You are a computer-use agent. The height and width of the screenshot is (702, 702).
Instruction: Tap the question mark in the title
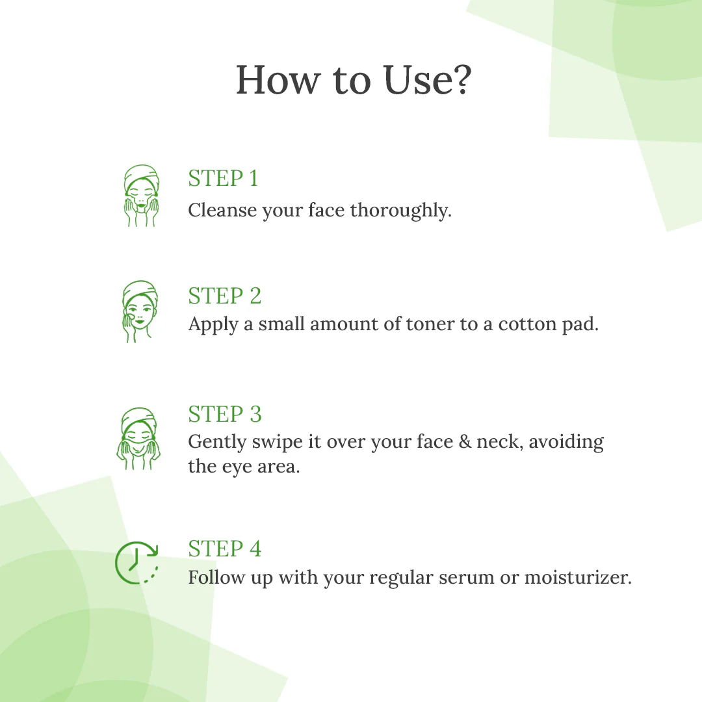pyautogui.click(x=459, y=81)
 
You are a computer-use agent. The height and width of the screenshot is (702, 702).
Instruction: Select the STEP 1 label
pyautogui.click(x=223, y=179)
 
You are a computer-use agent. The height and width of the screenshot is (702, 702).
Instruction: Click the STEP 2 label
pyautogui.click(x=224, y=296)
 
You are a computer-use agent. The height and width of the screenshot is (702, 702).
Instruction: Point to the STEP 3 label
pyautogui.click(x=224, y=414)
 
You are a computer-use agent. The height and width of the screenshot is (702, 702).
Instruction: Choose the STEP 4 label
pyautogui.click(x=224, y=549)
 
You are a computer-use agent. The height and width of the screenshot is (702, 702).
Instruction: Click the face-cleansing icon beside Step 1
pyautogui.click(x=141, y=195)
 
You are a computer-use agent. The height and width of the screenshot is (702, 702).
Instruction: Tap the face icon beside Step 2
pyautogui.click(x=139, y=311)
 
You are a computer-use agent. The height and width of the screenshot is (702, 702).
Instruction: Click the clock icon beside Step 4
pyautogui.click(x=137, y=562)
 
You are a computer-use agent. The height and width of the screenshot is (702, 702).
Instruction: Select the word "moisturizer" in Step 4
pyautogui.click(x=577, y=577)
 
